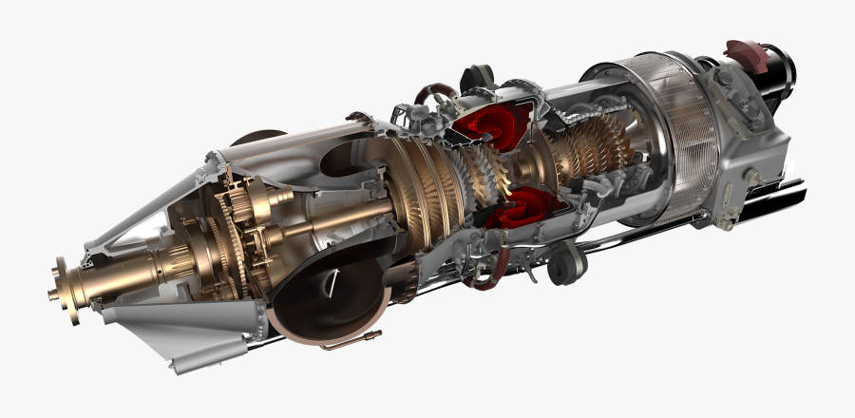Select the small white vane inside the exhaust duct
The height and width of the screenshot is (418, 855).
[x=332, y=277]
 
